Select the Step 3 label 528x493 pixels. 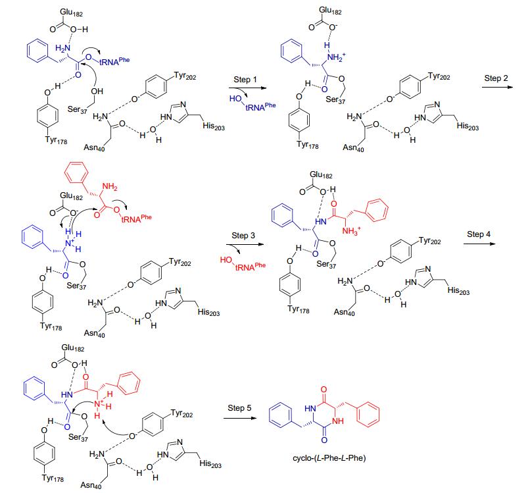coord(243,235)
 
